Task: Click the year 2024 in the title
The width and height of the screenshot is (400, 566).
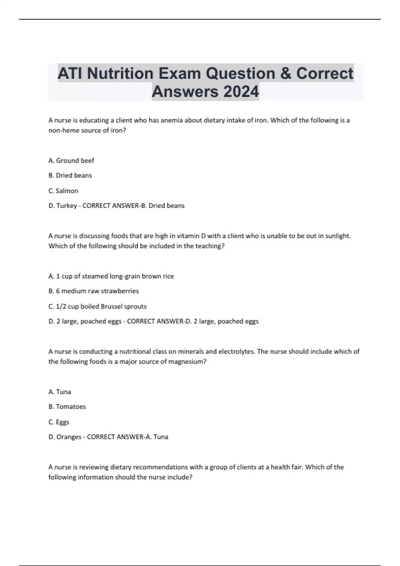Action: (241, 92)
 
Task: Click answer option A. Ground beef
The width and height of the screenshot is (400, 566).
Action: (71, 160)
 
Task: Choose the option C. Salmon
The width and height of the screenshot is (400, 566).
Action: (63, 191)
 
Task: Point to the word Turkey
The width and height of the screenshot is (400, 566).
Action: (67, 206)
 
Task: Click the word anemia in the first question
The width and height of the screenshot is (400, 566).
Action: (172, 120)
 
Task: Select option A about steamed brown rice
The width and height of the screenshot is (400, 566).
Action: (111, 276)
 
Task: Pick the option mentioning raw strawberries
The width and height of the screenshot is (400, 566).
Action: (94, 291)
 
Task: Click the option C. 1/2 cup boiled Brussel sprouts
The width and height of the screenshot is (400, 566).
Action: (97, 306)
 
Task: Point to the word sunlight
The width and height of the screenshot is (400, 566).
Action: (337, 236)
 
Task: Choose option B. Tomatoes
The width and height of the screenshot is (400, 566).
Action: (67, 407)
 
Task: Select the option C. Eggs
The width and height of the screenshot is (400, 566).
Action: (59, 422)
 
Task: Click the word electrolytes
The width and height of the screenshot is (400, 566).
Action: (236, 351)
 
